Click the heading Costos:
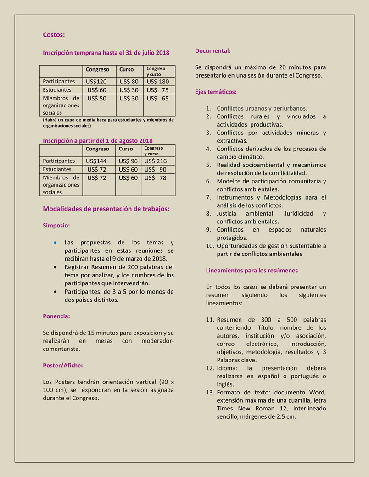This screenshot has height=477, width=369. pyautogui.click(x=54, y=35)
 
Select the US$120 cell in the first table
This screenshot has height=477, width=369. pyautogui.click(x=96, y=82)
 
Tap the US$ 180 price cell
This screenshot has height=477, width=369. pyautogui.click(x=157, y=82)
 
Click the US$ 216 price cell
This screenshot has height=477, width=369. pyautogui.click(x=156, y=161)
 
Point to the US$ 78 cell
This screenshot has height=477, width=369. pyautogui.click(x=156, y=177)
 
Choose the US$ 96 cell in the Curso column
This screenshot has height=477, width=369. pyautogui.click(x=128, y=161)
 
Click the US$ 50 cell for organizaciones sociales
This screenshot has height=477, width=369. pyautogui.click(x=96, y=98)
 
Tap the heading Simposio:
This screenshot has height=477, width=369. pyautogui.click(x=56, y=226)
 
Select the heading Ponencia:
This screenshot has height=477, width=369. pyautogui.click(x=56, y=316)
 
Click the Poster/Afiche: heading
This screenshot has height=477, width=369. pyautogui.click(x=62, y=366)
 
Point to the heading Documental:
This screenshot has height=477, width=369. pyautogui.click(x=212, y=50)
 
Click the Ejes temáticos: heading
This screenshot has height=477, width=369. pyautogui.click(x=216, y=92)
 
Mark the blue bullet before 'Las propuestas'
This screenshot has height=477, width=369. pyautogui.click(x=56, y=242)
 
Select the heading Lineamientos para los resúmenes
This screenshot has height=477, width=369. pyautogui.click(x=252, y=271)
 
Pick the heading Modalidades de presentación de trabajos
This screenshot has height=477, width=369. pyautogui.click(x=106, y=209)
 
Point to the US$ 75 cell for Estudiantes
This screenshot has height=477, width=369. pyautogui.click(x=157, y=90)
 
